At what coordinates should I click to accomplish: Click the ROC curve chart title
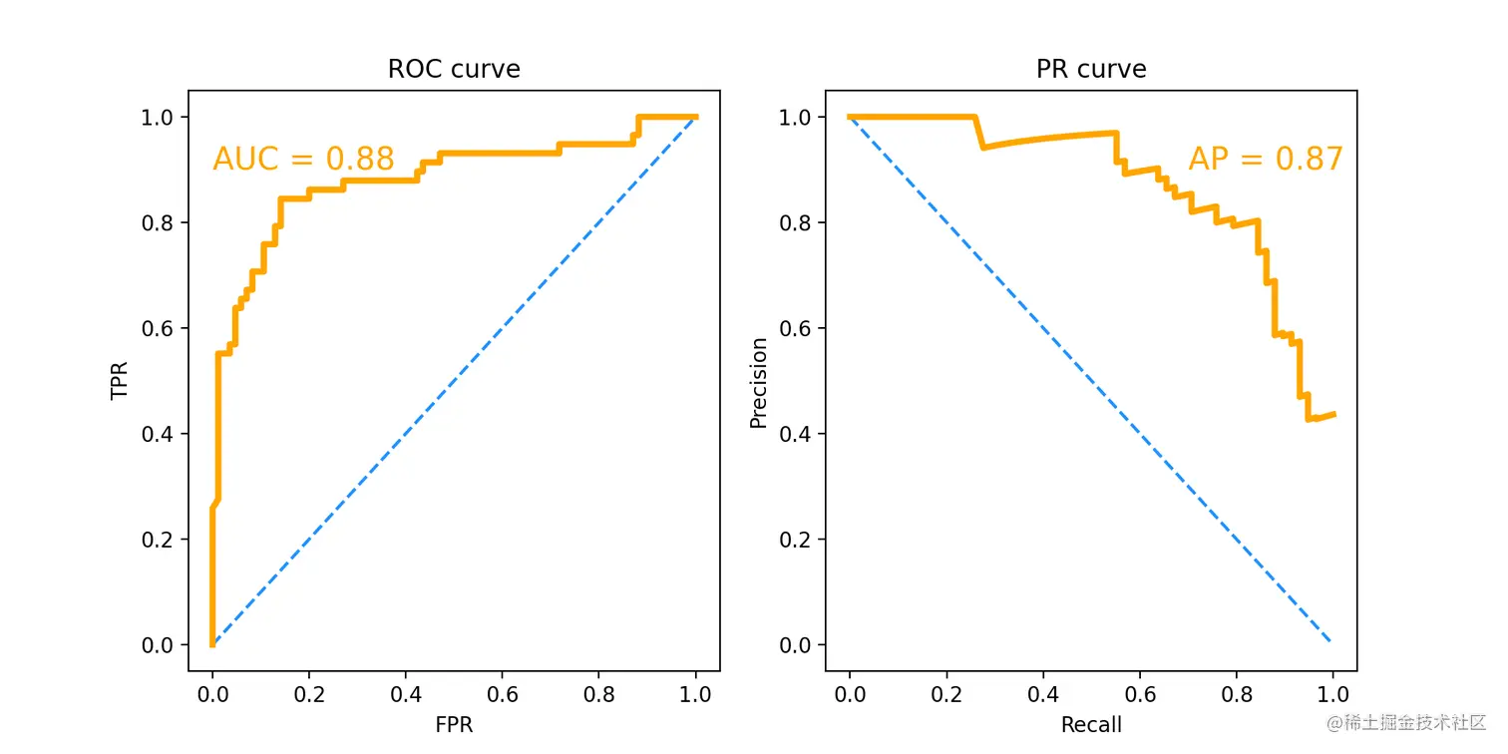pyautogui.click(x=454, y=69)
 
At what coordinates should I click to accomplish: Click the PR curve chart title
pyautogui.click(x=1090, y=69)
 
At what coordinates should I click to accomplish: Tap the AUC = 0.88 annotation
pyautogui.click(x=303, y=159)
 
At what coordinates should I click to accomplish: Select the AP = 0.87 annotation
pyautogui.click(x=1266, y=159)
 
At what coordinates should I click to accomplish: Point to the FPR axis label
pyautogui.click(x=454, y=725)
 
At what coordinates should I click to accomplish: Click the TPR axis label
pyautogui.click(x=121, y=381)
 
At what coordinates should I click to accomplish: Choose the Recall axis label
pyautogui.click(x=1090, y=725)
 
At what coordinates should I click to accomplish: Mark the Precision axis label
pyautogui.click(x=759, y=382)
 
